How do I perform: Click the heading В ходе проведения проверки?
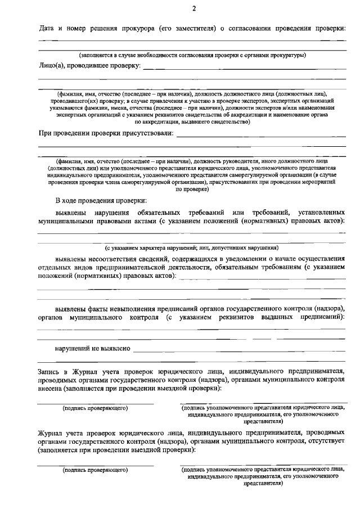point(101,200)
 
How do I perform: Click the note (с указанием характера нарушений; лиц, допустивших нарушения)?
point(191,248)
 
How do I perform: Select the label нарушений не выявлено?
point(92,349)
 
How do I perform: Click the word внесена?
point(51,388)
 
